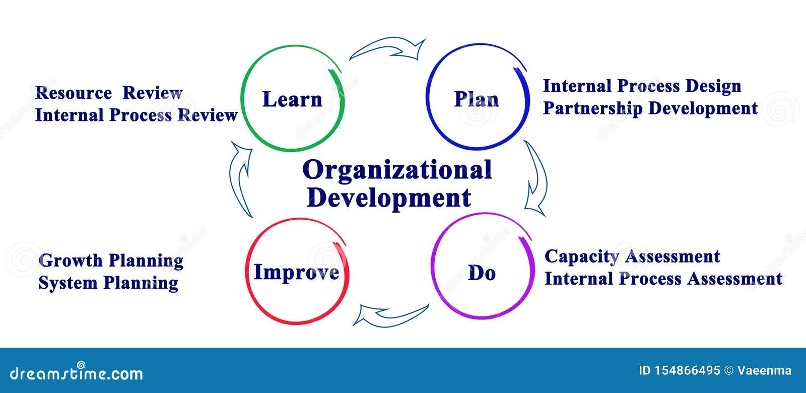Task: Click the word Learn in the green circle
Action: click(x=292, y=99)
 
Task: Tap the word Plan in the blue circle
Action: click(x=476, y=99)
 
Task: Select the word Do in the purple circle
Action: click(x=482, y=273)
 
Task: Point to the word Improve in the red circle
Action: click(x=296, y=272)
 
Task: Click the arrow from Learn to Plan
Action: click(x=388, y=49)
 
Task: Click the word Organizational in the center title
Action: click(x=397, y=170)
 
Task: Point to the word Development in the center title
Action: click(x=389, y=198)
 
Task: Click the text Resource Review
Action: click(x=109, y=93)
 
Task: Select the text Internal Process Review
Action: click(x=136, y=115)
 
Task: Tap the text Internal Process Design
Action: click(x=642, y=86)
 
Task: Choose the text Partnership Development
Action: click(x=650, y=108)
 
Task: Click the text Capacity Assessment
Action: click(x=632, y=256)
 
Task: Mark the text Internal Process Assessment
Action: click(x=663, y=279)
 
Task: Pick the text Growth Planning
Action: click(x=111, y=261)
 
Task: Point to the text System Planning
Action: click(x=108, y=283)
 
